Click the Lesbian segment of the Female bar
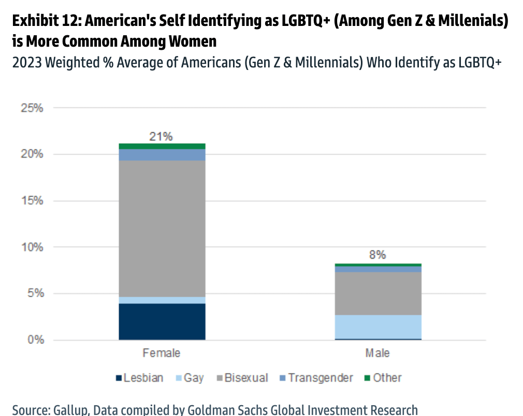[x=162, y=322]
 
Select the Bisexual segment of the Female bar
[x=162, y=228]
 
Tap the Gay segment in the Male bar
[x=377, y=326]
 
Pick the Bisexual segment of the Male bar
[x=377, y=294]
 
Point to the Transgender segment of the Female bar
[x=162, y=155]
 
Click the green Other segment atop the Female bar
[x=162, y=146]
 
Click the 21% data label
[x=161, y=136]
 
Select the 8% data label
[x=377, y=255]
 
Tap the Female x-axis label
[x=162, y=353]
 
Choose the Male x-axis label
[x=377, y=353]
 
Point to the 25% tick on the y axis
[x=32, y=108]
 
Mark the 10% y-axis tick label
[x=32, y=247]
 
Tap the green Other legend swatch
[x=367, y=378]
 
